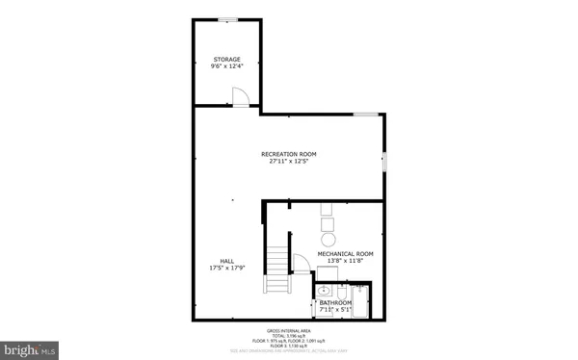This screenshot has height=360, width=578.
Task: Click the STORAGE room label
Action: tap(226, 59)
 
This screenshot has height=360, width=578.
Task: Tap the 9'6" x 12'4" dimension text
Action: tap(226, 66)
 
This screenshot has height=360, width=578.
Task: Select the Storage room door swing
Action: tap(242, 96)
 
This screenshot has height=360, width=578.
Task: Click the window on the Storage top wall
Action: tap(227, 18)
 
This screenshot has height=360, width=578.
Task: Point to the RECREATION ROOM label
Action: tap(288, 154)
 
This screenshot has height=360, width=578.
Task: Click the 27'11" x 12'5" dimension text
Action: tap(288, 162)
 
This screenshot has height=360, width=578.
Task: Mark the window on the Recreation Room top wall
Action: tap(364, 115)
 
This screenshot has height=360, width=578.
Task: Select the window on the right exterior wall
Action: tap(384, 162)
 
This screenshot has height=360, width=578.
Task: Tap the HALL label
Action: tap(226, 261)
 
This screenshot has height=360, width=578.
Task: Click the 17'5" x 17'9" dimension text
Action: tap(226, 269)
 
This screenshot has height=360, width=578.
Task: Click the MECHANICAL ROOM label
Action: tap(345, 254)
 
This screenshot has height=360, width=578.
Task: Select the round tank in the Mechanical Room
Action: tap(328, 238)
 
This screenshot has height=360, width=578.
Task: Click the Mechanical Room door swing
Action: tap(301, 263)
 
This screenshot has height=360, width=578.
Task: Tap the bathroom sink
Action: tap(325, 290)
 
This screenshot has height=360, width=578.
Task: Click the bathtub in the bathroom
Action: tap(362, 301)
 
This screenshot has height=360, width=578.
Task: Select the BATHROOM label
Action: tap(336, 303)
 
